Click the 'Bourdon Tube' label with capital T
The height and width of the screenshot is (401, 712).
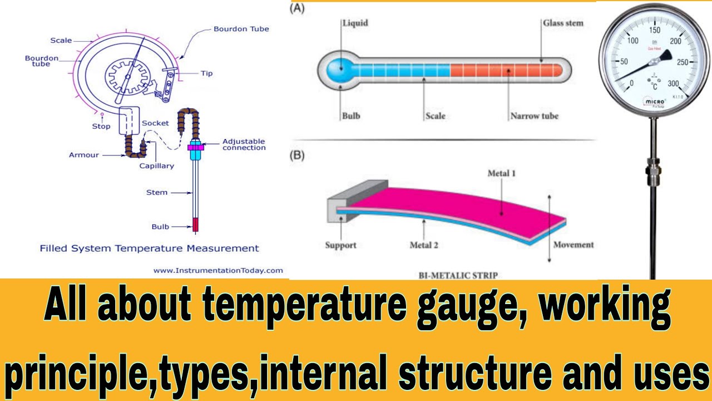[x=241, y=29]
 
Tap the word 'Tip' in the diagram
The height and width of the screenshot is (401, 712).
[x=206, y=73]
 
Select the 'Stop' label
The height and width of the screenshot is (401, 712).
[x=101, y=126]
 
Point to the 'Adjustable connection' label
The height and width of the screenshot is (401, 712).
[x=244, y=144]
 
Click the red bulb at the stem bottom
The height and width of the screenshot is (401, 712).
[x=196, y=224]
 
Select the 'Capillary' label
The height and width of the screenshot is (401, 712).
[x=157, y=165]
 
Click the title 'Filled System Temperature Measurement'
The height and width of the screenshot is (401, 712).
[x=149, y=248]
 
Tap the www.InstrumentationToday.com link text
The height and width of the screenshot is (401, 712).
[x=218, y=270]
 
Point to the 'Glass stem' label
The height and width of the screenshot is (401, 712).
[x=563, y=23]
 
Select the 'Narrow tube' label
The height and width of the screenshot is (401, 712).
[x=534, y=116]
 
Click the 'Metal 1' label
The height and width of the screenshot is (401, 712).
[x=501, y=173]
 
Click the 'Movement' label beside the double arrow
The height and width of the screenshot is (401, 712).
[x=573, y=244]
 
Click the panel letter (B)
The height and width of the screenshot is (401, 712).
[x=298, y=155]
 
